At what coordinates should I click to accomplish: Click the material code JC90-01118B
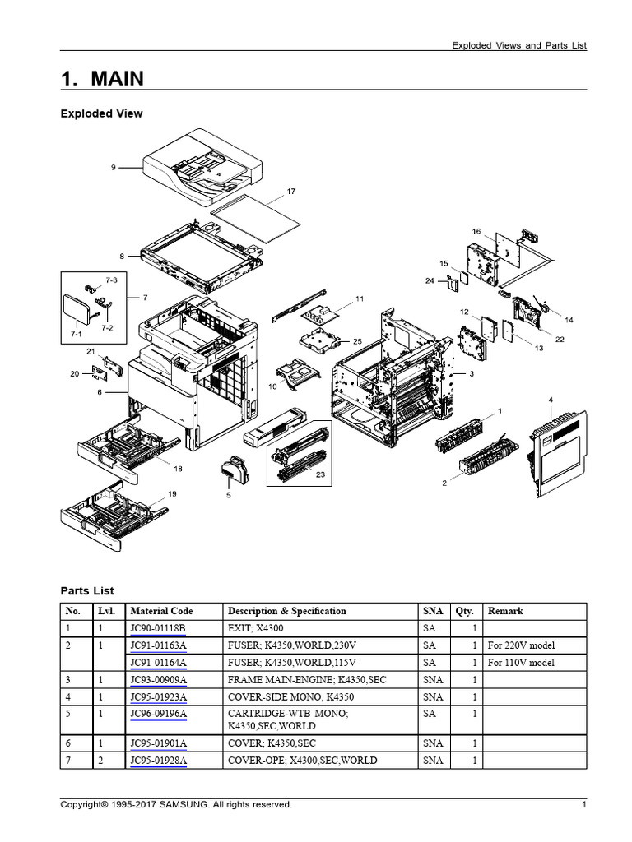[x=158, y=629]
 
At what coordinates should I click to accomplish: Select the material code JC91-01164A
[x=158, y=663]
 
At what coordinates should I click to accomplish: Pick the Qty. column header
[x=465, y=611]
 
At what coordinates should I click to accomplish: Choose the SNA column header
[x=432, y=611]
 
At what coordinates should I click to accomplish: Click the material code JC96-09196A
[x=158, y=714]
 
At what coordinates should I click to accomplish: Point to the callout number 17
[x=290, y=191]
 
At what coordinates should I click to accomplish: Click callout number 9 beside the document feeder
[x=114, y=167]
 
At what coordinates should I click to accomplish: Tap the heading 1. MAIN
[x=102, y=78]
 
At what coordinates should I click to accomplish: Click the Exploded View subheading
[x=101, y=113]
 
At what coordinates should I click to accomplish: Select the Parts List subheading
[x=87, y=590]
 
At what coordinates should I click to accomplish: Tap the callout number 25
[x=356, y=340]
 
